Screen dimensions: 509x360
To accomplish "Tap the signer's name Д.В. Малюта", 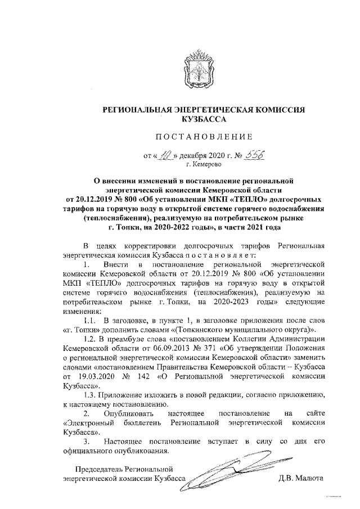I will coord(301,478).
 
